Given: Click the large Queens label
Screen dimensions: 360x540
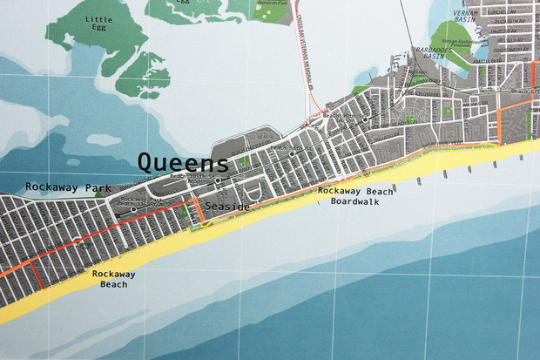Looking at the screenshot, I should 183,162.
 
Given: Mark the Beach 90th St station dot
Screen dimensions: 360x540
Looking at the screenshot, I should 367,118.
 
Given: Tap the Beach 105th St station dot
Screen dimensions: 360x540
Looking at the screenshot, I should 219,180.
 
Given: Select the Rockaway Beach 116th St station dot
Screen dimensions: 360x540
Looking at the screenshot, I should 132,209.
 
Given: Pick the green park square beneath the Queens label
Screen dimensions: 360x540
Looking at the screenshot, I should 244,160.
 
